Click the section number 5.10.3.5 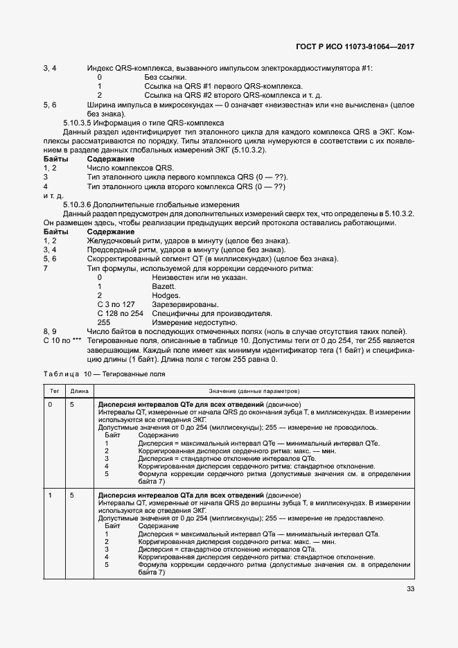click(x=81, y=122)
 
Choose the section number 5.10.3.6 click(x=81, y=204)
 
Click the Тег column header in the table click(x=54, y=391)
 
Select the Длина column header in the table click(x=80, y=391)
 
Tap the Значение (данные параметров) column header click(x=254, y=391)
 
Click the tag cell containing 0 click(x=50, y=404)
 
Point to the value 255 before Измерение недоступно click(x=104, y=322)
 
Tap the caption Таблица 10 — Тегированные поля click(x=104, y=374)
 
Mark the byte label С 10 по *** click(x=62, y=340)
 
